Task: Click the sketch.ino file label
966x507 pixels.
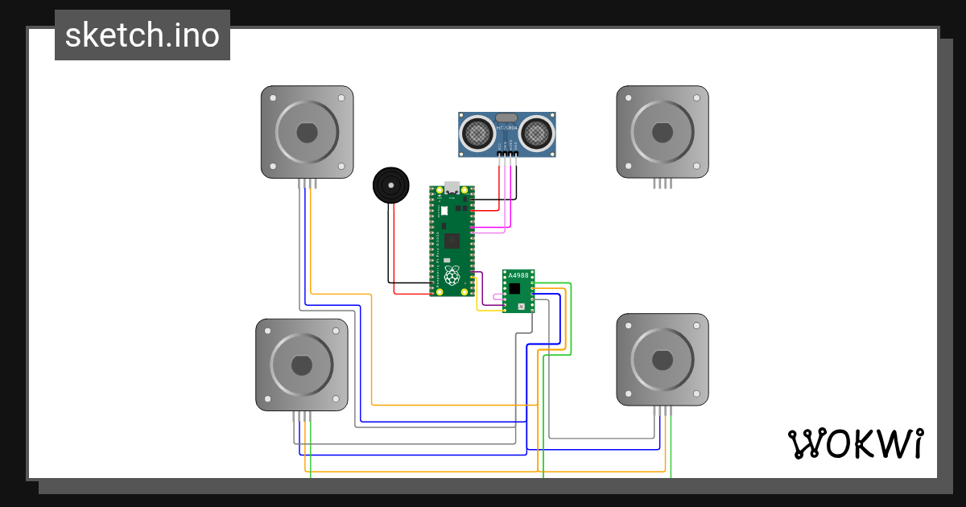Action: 142,35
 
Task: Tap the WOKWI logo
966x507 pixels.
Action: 854,443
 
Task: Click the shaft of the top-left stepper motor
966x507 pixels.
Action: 307,132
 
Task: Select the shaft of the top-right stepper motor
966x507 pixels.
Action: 663,132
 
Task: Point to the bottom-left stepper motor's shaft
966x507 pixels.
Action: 302,365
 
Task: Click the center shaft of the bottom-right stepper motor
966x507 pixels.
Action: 663,359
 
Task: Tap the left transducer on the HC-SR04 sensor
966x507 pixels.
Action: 477,131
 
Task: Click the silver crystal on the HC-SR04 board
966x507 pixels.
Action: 506,118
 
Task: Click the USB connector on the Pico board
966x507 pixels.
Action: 452,188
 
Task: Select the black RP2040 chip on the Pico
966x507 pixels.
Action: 452,240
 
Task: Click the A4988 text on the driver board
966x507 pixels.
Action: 519,275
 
